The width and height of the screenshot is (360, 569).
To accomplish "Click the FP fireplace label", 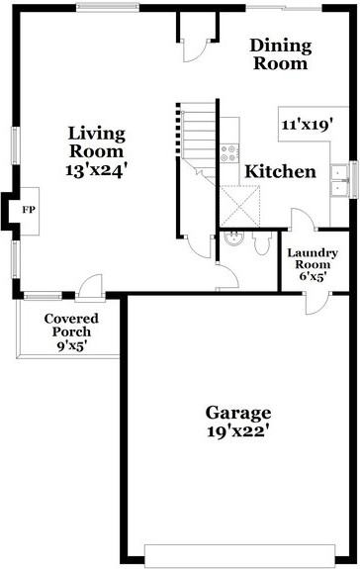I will [28, 211].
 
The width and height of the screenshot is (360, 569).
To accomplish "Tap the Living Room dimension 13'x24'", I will [96, 169].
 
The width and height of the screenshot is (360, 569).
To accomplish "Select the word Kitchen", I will [280, 171].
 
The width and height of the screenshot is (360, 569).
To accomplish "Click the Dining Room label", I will [280, 54].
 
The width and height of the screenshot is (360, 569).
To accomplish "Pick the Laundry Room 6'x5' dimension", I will [313, 275].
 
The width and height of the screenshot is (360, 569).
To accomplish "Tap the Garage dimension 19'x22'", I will [238, 431].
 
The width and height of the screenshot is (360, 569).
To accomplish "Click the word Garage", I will [238, 412].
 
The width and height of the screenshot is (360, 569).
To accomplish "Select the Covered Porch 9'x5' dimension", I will [69, 346].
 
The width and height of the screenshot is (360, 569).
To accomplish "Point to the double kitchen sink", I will [339, 178].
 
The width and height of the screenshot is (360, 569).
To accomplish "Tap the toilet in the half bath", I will [261, 243].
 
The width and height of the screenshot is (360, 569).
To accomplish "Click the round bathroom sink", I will [232, 239].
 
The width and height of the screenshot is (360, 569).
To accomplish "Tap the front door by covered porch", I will [91, 287].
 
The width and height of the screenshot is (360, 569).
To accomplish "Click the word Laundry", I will [313, 253].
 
